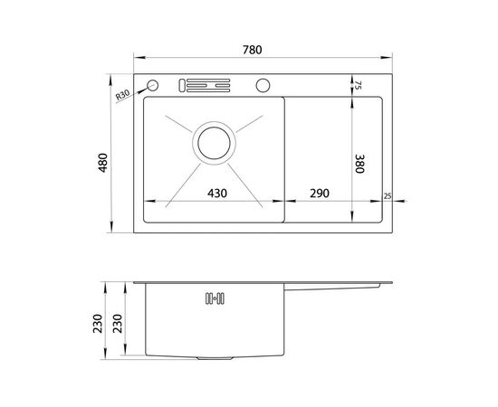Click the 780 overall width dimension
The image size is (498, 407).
tap(253, 50)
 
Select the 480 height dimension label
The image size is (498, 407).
tap(103, 163)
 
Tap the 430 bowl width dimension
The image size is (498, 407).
tap(217, 193)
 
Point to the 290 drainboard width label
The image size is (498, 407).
tap(320, 193)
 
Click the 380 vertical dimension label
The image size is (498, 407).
tap(359, 164)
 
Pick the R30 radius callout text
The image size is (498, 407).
tap(122, 95)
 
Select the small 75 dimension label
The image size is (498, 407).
tap(358, 85)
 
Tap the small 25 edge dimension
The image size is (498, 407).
tap(388, 196)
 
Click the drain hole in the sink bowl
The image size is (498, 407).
tap(214, 143)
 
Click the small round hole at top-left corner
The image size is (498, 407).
tap(153, 85)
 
